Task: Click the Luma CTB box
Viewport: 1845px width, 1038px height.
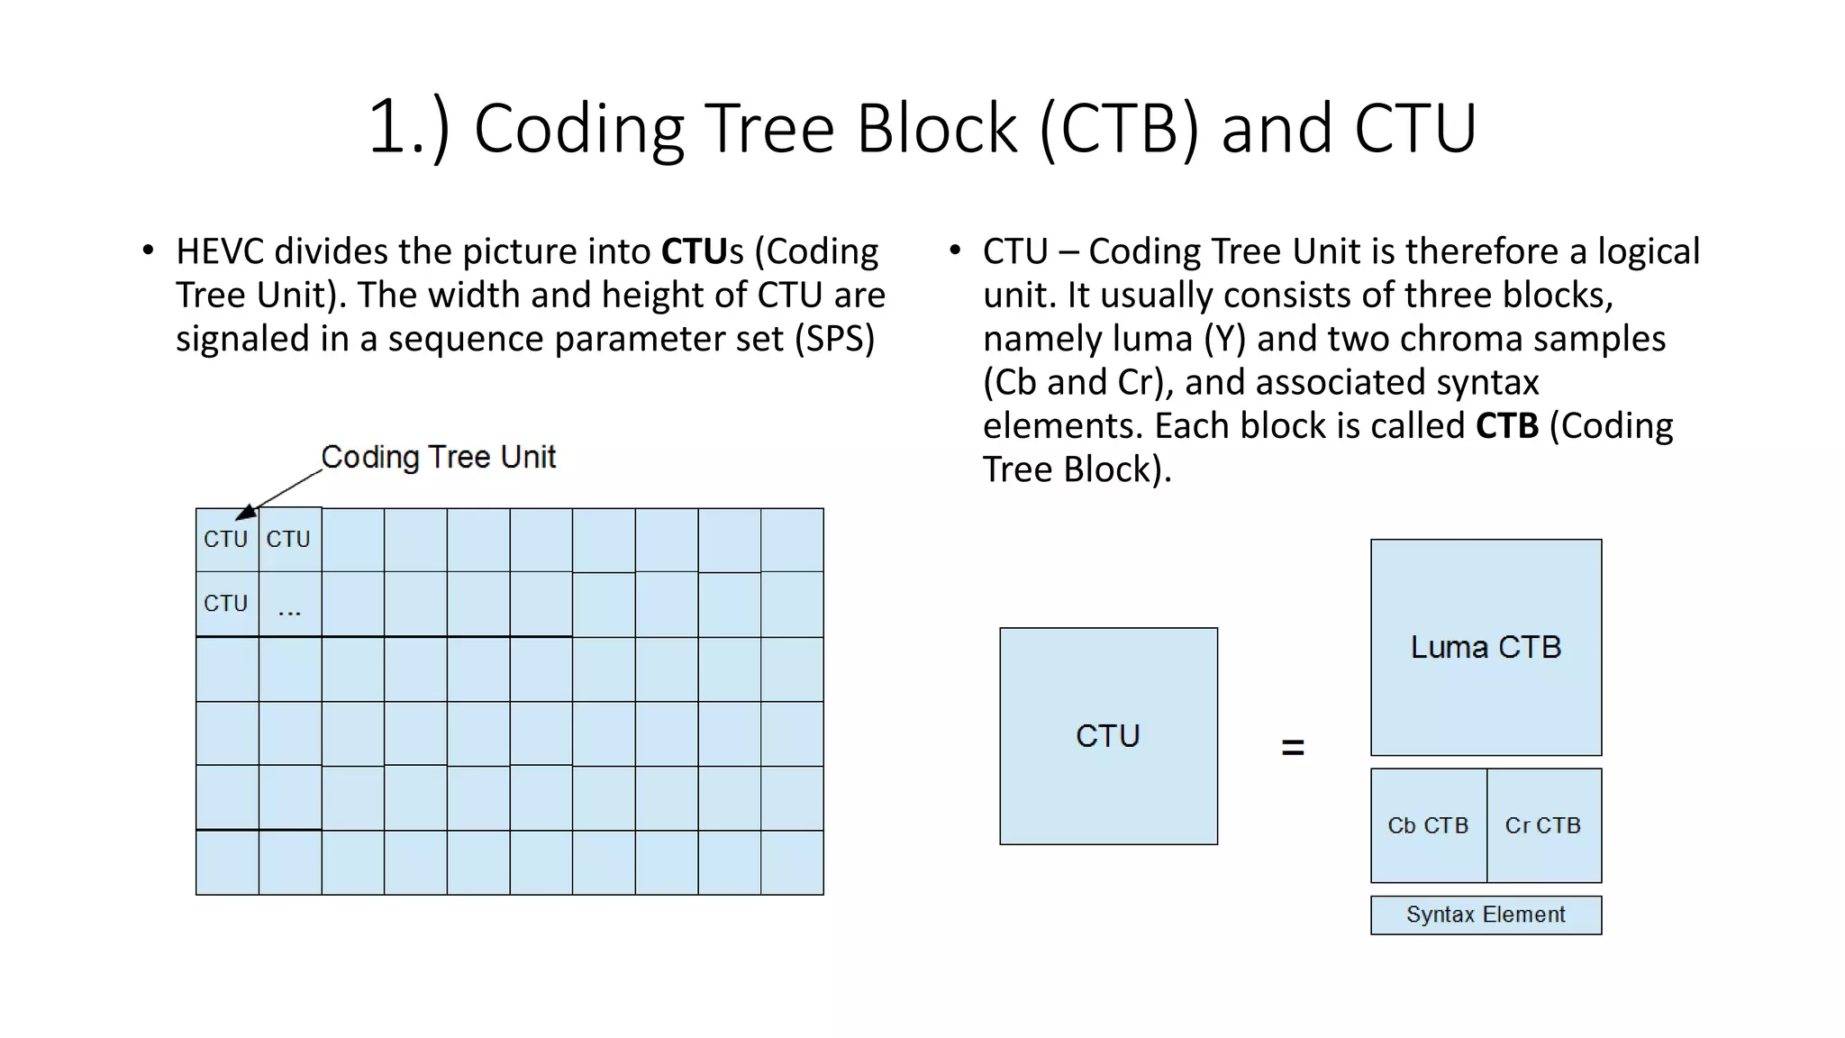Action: [1486, 647]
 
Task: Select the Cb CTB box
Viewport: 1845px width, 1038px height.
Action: [1428, 825]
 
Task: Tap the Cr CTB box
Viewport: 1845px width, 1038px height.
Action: [1543, 825]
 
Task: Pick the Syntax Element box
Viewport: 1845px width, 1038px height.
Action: [1486, 915]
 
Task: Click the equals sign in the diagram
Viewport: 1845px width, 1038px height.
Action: [1293, 747]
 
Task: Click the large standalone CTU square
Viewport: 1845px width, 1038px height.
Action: [1108, 736]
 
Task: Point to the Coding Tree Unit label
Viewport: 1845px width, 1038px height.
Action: [439, 457]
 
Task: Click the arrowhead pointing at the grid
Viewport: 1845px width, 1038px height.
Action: [245, 514]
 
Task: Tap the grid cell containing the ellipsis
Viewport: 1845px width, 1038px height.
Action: [289, 605]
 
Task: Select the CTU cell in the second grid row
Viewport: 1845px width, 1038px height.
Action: [226, 604]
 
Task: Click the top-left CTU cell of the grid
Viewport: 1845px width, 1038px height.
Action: [226, 540]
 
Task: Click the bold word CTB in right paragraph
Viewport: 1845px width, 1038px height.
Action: [1506, 426]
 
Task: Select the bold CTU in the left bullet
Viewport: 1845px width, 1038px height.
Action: [695, 251]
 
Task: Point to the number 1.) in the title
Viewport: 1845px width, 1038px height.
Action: [408, 128]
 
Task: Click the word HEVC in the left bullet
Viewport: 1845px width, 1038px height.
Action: [221, 251]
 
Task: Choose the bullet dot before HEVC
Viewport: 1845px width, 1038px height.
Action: [149, 250]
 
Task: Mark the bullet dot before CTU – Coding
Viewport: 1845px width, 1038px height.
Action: [956, 250]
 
